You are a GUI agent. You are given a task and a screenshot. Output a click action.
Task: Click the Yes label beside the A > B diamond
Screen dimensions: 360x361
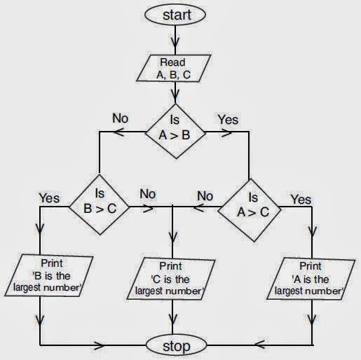tap(228, 120)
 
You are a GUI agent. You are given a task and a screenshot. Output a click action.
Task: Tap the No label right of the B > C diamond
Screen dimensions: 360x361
tap(148, 193)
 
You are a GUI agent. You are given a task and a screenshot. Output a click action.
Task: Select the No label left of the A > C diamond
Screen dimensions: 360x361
tap(205, 195)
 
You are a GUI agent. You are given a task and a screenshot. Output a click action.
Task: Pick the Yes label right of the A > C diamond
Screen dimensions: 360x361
tap(301, 200)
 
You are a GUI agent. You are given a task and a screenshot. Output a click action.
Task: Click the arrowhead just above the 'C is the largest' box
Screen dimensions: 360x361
tap(172, 249)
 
